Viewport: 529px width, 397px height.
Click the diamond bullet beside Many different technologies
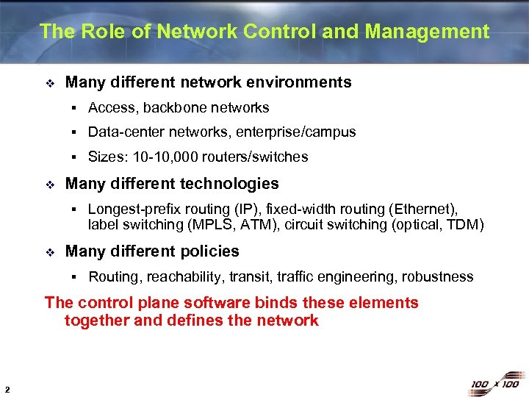tap(49, 185)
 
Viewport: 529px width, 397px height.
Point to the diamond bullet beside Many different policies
tap(49, 252)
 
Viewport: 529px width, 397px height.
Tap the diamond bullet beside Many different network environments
tap(49, 83)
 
